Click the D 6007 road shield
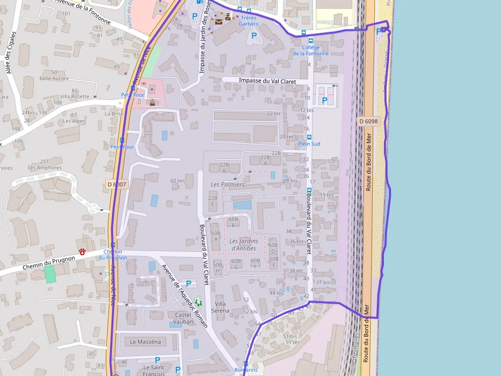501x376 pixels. (x=117, y=184)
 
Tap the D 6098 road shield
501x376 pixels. (x=368, y=121)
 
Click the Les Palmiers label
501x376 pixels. (x=227, y=184)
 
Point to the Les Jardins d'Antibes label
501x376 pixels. (x=243, y=244)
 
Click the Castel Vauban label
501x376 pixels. (x=184, y=318)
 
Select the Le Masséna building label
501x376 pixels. (x=145, y=341)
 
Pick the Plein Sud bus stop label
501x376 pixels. (x=309, y=144)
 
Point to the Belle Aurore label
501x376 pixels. (x=54, y=78)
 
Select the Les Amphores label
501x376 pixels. (x=44, y=167)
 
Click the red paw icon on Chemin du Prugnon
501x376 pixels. (x=82, y=252)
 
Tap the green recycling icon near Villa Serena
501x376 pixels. (x=198, y=303)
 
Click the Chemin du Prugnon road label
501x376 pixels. (x=49, y=263)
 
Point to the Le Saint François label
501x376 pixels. (x=153, y=370)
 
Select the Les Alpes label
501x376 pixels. (x=74, y=121)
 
